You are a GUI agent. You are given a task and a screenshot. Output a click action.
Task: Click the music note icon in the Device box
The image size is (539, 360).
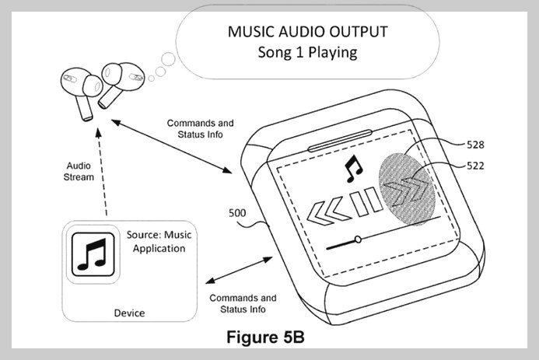[94, 254]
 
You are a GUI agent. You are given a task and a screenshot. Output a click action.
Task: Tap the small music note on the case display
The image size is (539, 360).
[353, 166]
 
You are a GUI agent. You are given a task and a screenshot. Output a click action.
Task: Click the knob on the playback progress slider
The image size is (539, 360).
[357, 239]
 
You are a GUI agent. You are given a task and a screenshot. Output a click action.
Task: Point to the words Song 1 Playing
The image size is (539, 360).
[306, 53]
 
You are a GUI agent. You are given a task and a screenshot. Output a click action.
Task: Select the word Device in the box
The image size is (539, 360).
[129, 313]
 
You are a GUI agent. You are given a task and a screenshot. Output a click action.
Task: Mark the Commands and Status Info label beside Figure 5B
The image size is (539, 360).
[243, 303]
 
